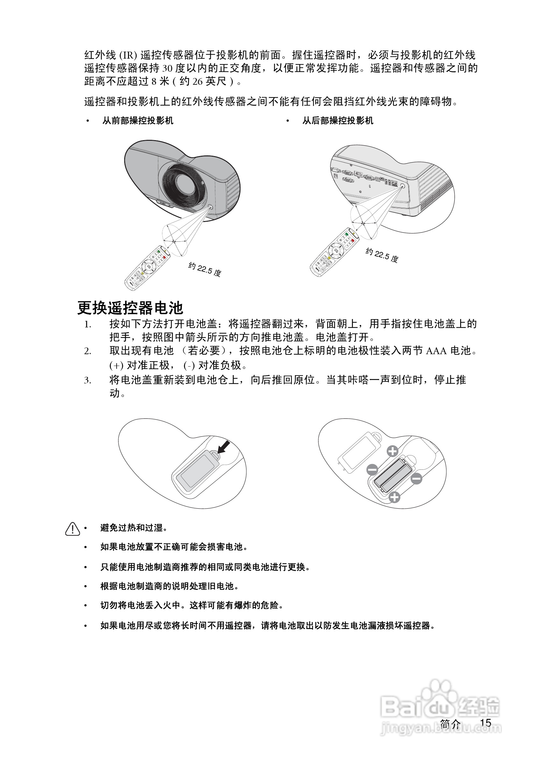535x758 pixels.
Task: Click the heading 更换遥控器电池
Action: click(130, 308)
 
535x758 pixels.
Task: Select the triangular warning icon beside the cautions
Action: click(72, 529)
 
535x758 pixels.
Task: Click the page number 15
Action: click(486, 723)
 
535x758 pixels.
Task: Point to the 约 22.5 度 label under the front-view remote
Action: click(205, 269)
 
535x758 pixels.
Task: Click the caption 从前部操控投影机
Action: click(138, 120)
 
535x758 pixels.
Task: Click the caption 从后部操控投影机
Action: click(338, 120)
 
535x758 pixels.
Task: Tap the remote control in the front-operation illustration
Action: click(147, 268)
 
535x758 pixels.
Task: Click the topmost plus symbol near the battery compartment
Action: click(392, 451)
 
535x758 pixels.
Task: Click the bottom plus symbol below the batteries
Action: click(394, 497)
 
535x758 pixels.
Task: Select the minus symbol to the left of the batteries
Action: click(372, 469)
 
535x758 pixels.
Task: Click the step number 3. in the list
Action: click(88, 380)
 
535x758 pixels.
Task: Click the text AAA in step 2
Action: click(436, 351)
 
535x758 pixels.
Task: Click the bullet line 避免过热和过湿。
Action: click(134, 528)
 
